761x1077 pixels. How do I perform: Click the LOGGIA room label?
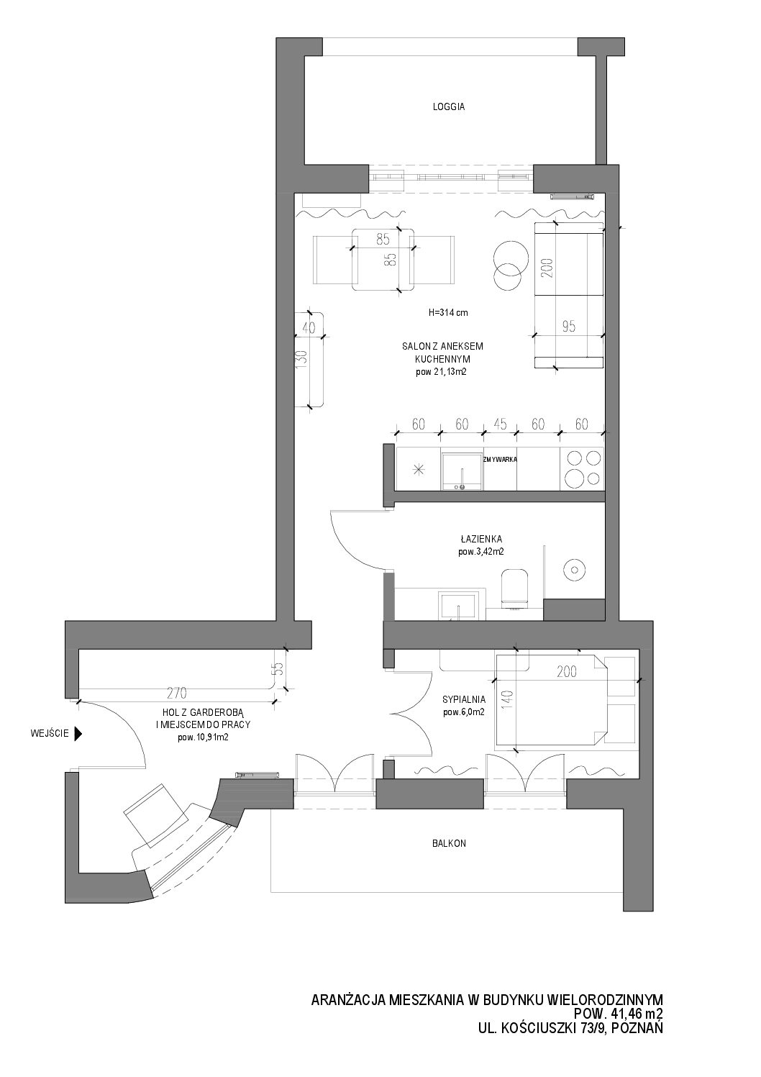coord(449,107)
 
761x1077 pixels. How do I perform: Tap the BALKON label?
coord(449,844)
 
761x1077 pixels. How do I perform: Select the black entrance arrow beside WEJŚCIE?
coord(78,734)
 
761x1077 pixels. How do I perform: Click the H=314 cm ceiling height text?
coord(448,312)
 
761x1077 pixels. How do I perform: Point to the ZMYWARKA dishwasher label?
coord(501,460)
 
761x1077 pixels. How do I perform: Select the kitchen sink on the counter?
coord(462,471)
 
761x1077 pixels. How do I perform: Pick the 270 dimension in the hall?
coord(177,693)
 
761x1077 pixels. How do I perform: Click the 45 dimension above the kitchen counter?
coord(500,424)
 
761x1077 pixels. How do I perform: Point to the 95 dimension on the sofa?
coord(569,327)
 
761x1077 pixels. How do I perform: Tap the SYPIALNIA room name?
coord(464,699)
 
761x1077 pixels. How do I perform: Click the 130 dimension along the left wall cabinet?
coord(301,359)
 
